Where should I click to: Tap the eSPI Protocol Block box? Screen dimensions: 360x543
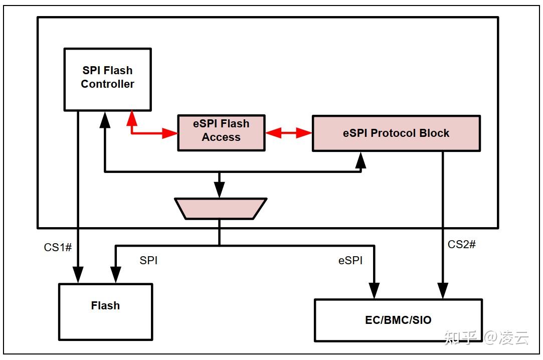(x=396, y=133)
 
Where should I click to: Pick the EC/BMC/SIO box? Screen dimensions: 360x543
(x=398, y=320)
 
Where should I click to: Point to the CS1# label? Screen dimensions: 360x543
(x=57, y=247)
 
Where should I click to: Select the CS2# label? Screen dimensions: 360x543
(x=461, y=244)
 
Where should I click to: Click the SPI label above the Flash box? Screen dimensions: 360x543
(x=148, y=261)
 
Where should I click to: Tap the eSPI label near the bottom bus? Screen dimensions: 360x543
(x=350, y=261)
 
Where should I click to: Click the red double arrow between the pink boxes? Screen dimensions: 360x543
(x=288, y=133)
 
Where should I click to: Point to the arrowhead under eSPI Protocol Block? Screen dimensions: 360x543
(x=361, y=159)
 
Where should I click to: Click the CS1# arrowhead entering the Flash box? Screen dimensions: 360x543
(x=78, y=275)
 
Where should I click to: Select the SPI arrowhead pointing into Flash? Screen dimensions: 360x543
(x=116, y=275)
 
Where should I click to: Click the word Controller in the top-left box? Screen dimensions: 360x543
(x=107, y=84)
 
